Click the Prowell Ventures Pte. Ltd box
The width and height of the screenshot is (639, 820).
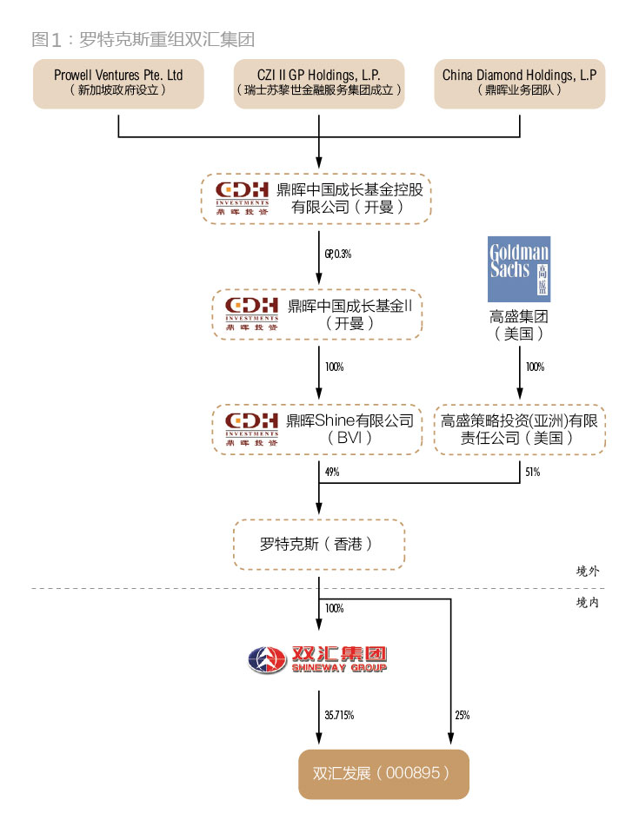point(118,83)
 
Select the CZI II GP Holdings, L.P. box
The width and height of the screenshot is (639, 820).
point(319,83)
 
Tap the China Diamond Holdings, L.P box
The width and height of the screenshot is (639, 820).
point(520,83)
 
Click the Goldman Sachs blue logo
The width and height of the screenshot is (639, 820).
point(519,268)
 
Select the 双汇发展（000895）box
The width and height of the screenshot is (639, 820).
point(383,773)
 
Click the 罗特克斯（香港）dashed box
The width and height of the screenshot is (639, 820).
point(319,546)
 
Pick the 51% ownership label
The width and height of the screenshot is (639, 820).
point(532,473)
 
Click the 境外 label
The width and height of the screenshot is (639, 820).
point(588,572)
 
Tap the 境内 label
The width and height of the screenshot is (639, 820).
point(588,601)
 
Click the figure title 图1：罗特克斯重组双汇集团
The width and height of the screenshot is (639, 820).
point(143,39)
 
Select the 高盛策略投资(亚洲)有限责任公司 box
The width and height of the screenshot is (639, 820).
point(520,429)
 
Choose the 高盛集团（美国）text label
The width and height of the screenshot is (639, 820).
point(519,324)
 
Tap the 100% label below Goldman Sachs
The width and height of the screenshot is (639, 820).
point(535,367)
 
